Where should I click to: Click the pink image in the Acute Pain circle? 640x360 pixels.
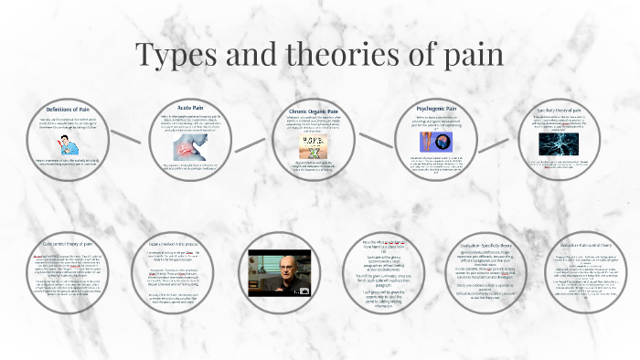tap(187, 147)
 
